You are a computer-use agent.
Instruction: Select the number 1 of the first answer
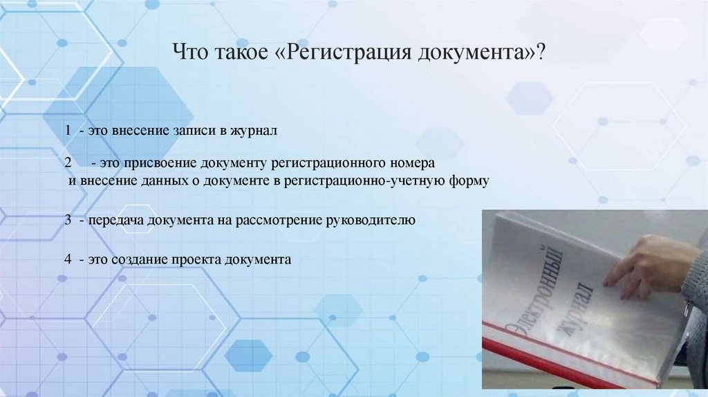(x=68, y=131)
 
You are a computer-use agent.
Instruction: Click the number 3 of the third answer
(x=68, y=221)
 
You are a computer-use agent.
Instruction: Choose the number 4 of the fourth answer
(x=68, y=260)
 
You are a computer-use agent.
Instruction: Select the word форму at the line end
(x=469, y=181)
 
